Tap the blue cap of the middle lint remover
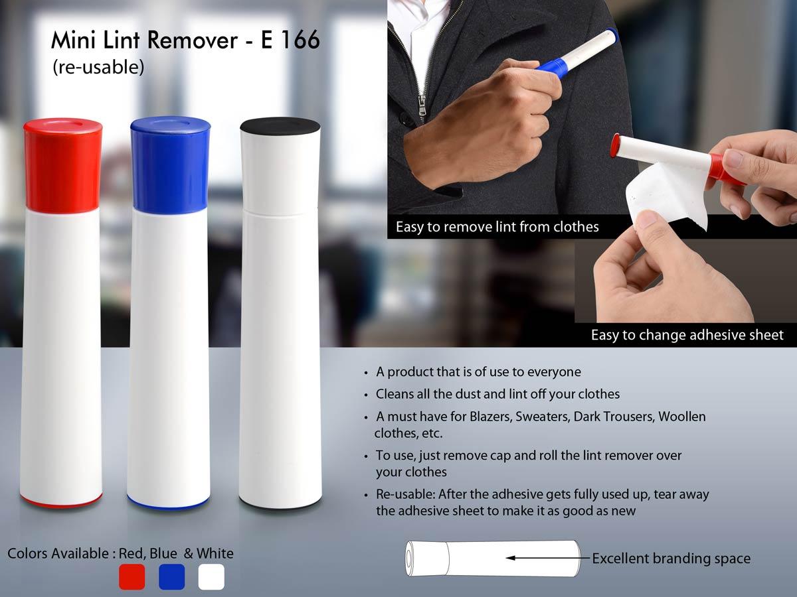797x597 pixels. point(170,165)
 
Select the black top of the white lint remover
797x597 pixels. point(280,126)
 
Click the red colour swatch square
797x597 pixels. point(132,576)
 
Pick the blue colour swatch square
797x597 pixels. point(171,576)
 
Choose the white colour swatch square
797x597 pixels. point(211,576)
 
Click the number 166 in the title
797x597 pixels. point(299,41)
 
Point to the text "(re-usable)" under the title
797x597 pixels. point(98,67)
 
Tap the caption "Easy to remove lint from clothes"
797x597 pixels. point(497,227)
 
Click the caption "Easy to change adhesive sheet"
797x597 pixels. point(687,335)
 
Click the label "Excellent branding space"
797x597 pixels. point(671,559)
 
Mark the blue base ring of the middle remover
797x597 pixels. point(169,501)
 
